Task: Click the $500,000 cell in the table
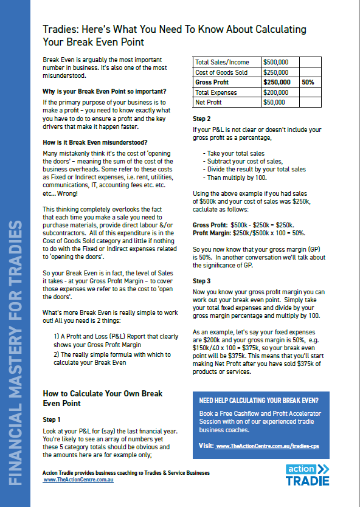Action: coord(275,61)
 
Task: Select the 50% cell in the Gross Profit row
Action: coord(308,82)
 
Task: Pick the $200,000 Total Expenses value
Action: coord(275,92)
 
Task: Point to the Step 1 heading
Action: coord(52,419)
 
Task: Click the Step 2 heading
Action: coord(202,119)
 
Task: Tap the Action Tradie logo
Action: coord(308,475)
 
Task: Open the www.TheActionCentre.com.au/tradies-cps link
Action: coord(272,446)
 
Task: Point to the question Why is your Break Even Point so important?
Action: coord(104,91)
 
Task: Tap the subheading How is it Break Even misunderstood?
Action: coord(91,142)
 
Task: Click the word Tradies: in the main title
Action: coord(60,29)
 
